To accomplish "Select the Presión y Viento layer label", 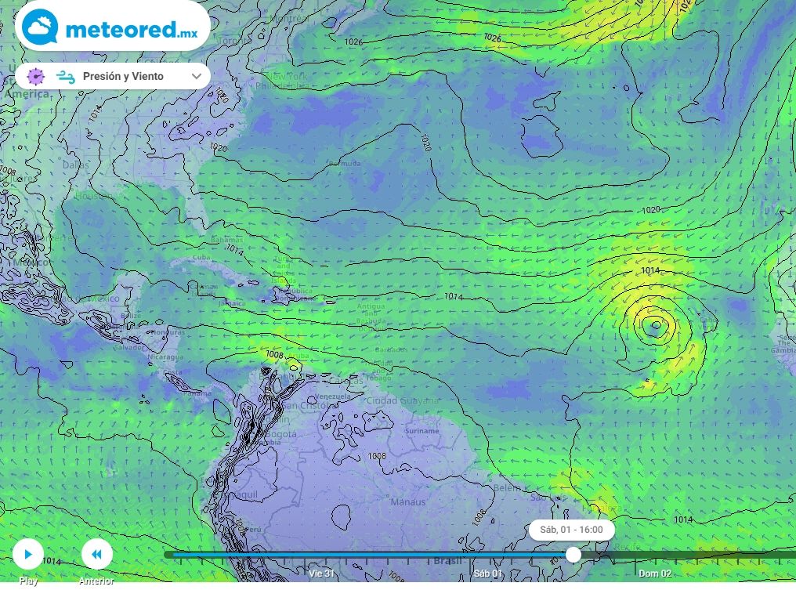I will coord(123,76).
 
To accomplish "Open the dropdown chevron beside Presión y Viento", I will coord(196,76).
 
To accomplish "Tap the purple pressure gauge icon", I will coord(35,76).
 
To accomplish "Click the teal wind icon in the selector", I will coord(65,76).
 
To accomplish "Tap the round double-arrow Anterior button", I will coord(96,555).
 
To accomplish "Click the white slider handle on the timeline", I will coord(573,555).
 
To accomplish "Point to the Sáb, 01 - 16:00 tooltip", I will coord(571,530).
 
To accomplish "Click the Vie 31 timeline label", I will coord(321,574).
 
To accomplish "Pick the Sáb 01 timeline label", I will coord(487,574).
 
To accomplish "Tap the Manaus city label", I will coord(408,501).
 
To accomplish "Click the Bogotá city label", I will coord(280,434).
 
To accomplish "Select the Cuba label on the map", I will coord(202,257).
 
